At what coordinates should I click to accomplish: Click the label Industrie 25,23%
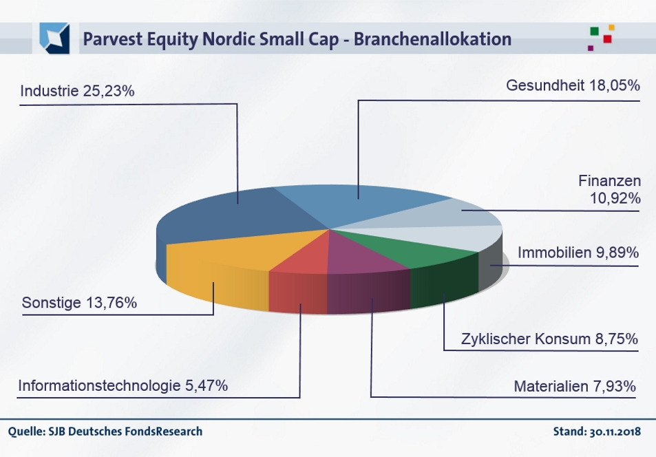point(77,91)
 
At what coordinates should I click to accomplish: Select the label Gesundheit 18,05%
point(573,85)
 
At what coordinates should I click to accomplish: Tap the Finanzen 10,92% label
point(610,189)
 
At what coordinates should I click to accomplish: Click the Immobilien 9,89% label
point(578,253)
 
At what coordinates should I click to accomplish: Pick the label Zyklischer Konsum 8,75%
point(549,339)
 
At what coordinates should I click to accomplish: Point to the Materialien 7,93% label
point(575,386)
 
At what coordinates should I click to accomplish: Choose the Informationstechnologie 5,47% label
point(123,385)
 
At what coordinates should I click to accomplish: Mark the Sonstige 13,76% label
point(79,303)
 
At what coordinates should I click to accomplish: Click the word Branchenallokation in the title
point(432,39)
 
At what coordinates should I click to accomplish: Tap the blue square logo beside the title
point(54,38)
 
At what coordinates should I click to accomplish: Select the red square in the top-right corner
point(607,39)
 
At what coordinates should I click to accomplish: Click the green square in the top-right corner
point(594,31)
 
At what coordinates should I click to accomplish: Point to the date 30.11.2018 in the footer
point(615,432)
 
